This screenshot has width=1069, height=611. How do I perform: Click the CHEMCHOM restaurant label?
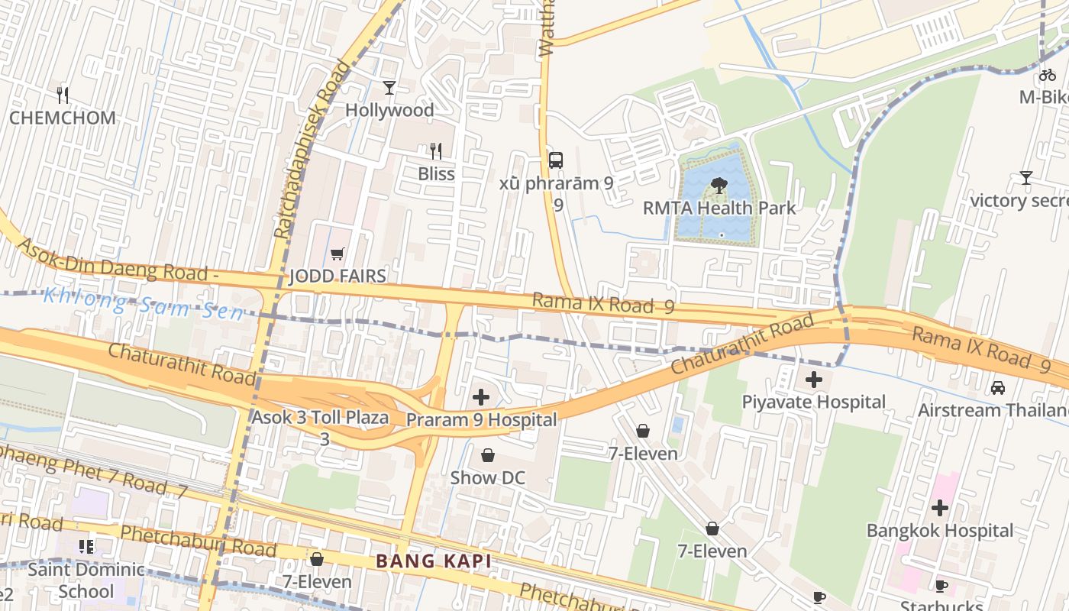click(63, 118)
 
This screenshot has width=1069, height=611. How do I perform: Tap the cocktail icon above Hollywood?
click(389, 88)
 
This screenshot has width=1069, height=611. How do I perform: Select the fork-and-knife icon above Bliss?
click(436, 151)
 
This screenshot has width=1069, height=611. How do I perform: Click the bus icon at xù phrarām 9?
click(556, 160)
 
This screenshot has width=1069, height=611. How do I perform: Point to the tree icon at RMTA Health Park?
click(718, 185)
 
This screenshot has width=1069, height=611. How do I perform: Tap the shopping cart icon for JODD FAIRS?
click(337, 254)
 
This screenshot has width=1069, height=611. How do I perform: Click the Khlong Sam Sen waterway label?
click(143, 304)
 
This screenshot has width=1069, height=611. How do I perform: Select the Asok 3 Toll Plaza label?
click(320, 419)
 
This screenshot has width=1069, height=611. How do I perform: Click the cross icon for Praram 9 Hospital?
click(481, 397)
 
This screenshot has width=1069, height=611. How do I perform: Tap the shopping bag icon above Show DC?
click(488, 456)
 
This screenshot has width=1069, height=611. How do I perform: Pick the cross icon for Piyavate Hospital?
click(814, 380)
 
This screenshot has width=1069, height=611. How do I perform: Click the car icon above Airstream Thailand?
click(998, 388)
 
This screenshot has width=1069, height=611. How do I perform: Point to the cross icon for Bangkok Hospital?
click(940, 508)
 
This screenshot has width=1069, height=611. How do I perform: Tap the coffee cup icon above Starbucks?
click(941, 587)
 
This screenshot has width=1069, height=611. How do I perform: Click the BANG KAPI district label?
click(433, 561)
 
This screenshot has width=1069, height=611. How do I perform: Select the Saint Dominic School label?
click(86, 580)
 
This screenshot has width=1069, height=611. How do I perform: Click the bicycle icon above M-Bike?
click(1048, 75)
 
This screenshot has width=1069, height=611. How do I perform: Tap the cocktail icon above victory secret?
click(1025, 178)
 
